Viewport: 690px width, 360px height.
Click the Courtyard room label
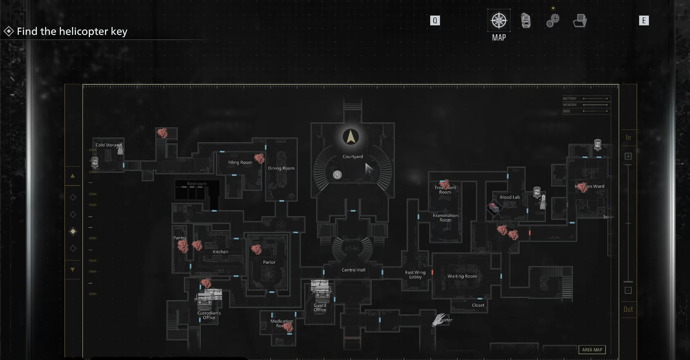coord(353,156)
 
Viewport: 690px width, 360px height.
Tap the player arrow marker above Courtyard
coord(351,137)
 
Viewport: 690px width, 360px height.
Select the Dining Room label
coord(281,168)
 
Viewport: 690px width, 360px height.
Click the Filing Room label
coord(240,162)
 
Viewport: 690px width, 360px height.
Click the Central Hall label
coord(353,270)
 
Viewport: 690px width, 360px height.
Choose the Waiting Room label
coord(462,276)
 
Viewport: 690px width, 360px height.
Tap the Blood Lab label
coord(510,197)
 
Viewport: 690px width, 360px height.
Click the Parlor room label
coord(269,262)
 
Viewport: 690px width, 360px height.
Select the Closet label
coord(478,305)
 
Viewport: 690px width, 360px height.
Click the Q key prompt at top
coord(435,21)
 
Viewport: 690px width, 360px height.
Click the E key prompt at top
coord(644,21)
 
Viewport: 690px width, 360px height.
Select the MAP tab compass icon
coord(499,21)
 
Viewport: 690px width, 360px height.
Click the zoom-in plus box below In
coord(628,156)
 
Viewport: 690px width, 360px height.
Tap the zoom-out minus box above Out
coord(628,290)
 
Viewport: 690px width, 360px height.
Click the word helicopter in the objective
coord(83,31)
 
